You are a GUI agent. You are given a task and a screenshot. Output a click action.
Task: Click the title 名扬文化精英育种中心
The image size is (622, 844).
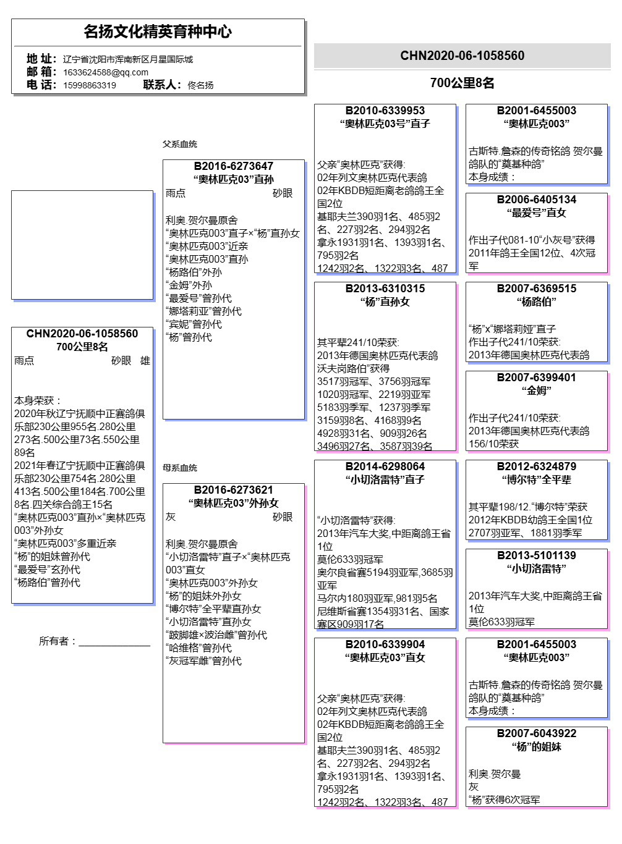(x=158, y=32)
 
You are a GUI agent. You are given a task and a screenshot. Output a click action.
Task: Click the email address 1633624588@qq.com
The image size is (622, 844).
(x=106, y=72)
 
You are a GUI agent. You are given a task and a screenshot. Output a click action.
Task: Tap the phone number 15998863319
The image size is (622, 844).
(x=90, y=85)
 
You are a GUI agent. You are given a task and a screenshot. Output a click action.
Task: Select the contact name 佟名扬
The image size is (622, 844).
(x=200, y=85)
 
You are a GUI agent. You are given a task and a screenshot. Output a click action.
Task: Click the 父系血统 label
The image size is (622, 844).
(x=180, y=144)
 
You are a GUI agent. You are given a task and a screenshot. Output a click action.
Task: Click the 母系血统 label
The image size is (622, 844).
(x=180, y=468)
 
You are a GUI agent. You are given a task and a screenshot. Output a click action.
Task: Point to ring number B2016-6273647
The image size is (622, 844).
(x=234, y=166)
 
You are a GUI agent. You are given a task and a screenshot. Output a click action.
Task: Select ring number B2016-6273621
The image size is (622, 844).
(x=234, y=490)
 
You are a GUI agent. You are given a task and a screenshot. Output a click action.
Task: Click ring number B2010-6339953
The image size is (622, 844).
(x=385, y=111)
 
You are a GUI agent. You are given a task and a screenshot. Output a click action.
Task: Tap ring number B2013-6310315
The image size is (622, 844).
(x=385, y=289)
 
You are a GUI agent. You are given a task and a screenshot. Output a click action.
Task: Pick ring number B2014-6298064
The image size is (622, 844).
(x=385, y=466)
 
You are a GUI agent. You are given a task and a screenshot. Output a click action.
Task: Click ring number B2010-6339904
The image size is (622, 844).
(x=385, y=644)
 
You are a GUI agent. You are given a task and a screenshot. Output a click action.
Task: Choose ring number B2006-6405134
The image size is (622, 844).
(x=537, y=200)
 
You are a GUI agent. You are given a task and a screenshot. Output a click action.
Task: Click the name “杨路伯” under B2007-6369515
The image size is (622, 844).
(x=537, y=302)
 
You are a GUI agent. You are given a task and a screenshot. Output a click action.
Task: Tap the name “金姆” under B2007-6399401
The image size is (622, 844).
(x=537, y=390)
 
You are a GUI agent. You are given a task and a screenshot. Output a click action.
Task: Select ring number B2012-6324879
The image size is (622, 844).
(x=537, y=466)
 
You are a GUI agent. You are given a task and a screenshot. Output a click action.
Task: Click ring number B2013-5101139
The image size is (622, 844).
(x=537, y=555)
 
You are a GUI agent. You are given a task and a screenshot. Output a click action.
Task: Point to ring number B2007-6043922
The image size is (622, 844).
(x=537, y=733)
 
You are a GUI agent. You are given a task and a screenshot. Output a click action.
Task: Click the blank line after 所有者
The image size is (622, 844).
(x=114, y=643)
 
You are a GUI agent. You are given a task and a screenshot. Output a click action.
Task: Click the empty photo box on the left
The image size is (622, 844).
(x=82, y=245)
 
